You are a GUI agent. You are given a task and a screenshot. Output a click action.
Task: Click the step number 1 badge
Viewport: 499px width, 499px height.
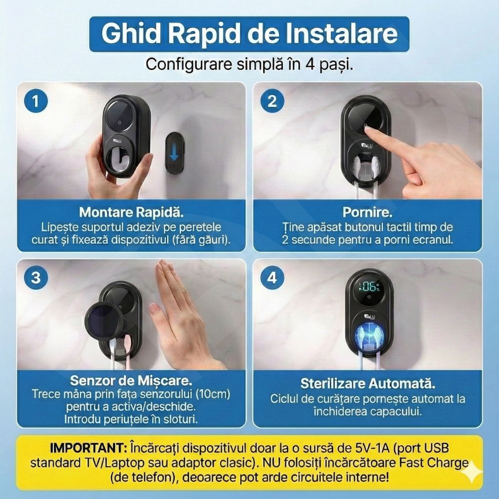tap(36, 101)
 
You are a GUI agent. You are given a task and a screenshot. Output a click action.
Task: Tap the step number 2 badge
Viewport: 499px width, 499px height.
tap(272, 101)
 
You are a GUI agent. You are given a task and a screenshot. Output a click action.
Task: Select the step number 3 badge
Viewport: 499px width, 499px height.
tap(36, 277)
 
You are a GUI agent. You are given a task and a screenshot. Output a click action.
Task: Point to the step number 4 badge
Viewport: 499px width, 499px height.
tap(272, 277)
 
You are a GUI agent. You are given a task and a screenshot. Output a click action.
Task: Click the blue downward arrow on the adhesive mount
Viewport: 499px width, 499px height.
tap(174, 153)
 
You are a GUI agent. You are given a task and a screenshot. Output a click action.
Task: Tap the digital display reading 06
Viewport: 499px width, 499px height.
tap(369, 287)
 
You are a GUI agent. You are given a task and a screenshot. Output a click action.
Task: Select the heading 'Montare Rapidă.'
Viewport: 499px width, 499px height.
tap(131, 212)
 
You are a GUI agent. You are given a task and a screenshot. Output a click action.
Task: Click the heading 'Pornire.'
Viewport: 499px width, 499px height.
tap(368, 212)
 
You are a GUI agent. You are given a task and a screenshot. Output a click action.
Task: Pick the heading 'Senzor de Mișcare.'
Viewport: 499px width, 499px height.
tap(131, 380)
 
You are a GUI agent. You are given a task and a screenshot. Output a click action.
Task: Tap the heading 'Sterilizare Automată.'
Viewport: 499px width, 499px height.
tap(368, 383)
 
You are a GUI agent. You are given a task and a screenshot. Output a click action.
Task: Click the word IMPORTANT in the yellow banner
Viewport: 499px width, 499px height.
tap(88, 448)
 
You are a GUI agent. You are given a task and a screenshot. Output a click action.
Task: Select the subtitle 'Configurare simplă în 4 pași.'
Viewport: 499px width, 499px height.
tap(249, 64)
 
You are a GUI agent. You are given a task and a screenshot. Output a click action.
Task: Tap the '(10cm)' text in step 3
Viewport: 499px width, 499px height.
tap(213, 394)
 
